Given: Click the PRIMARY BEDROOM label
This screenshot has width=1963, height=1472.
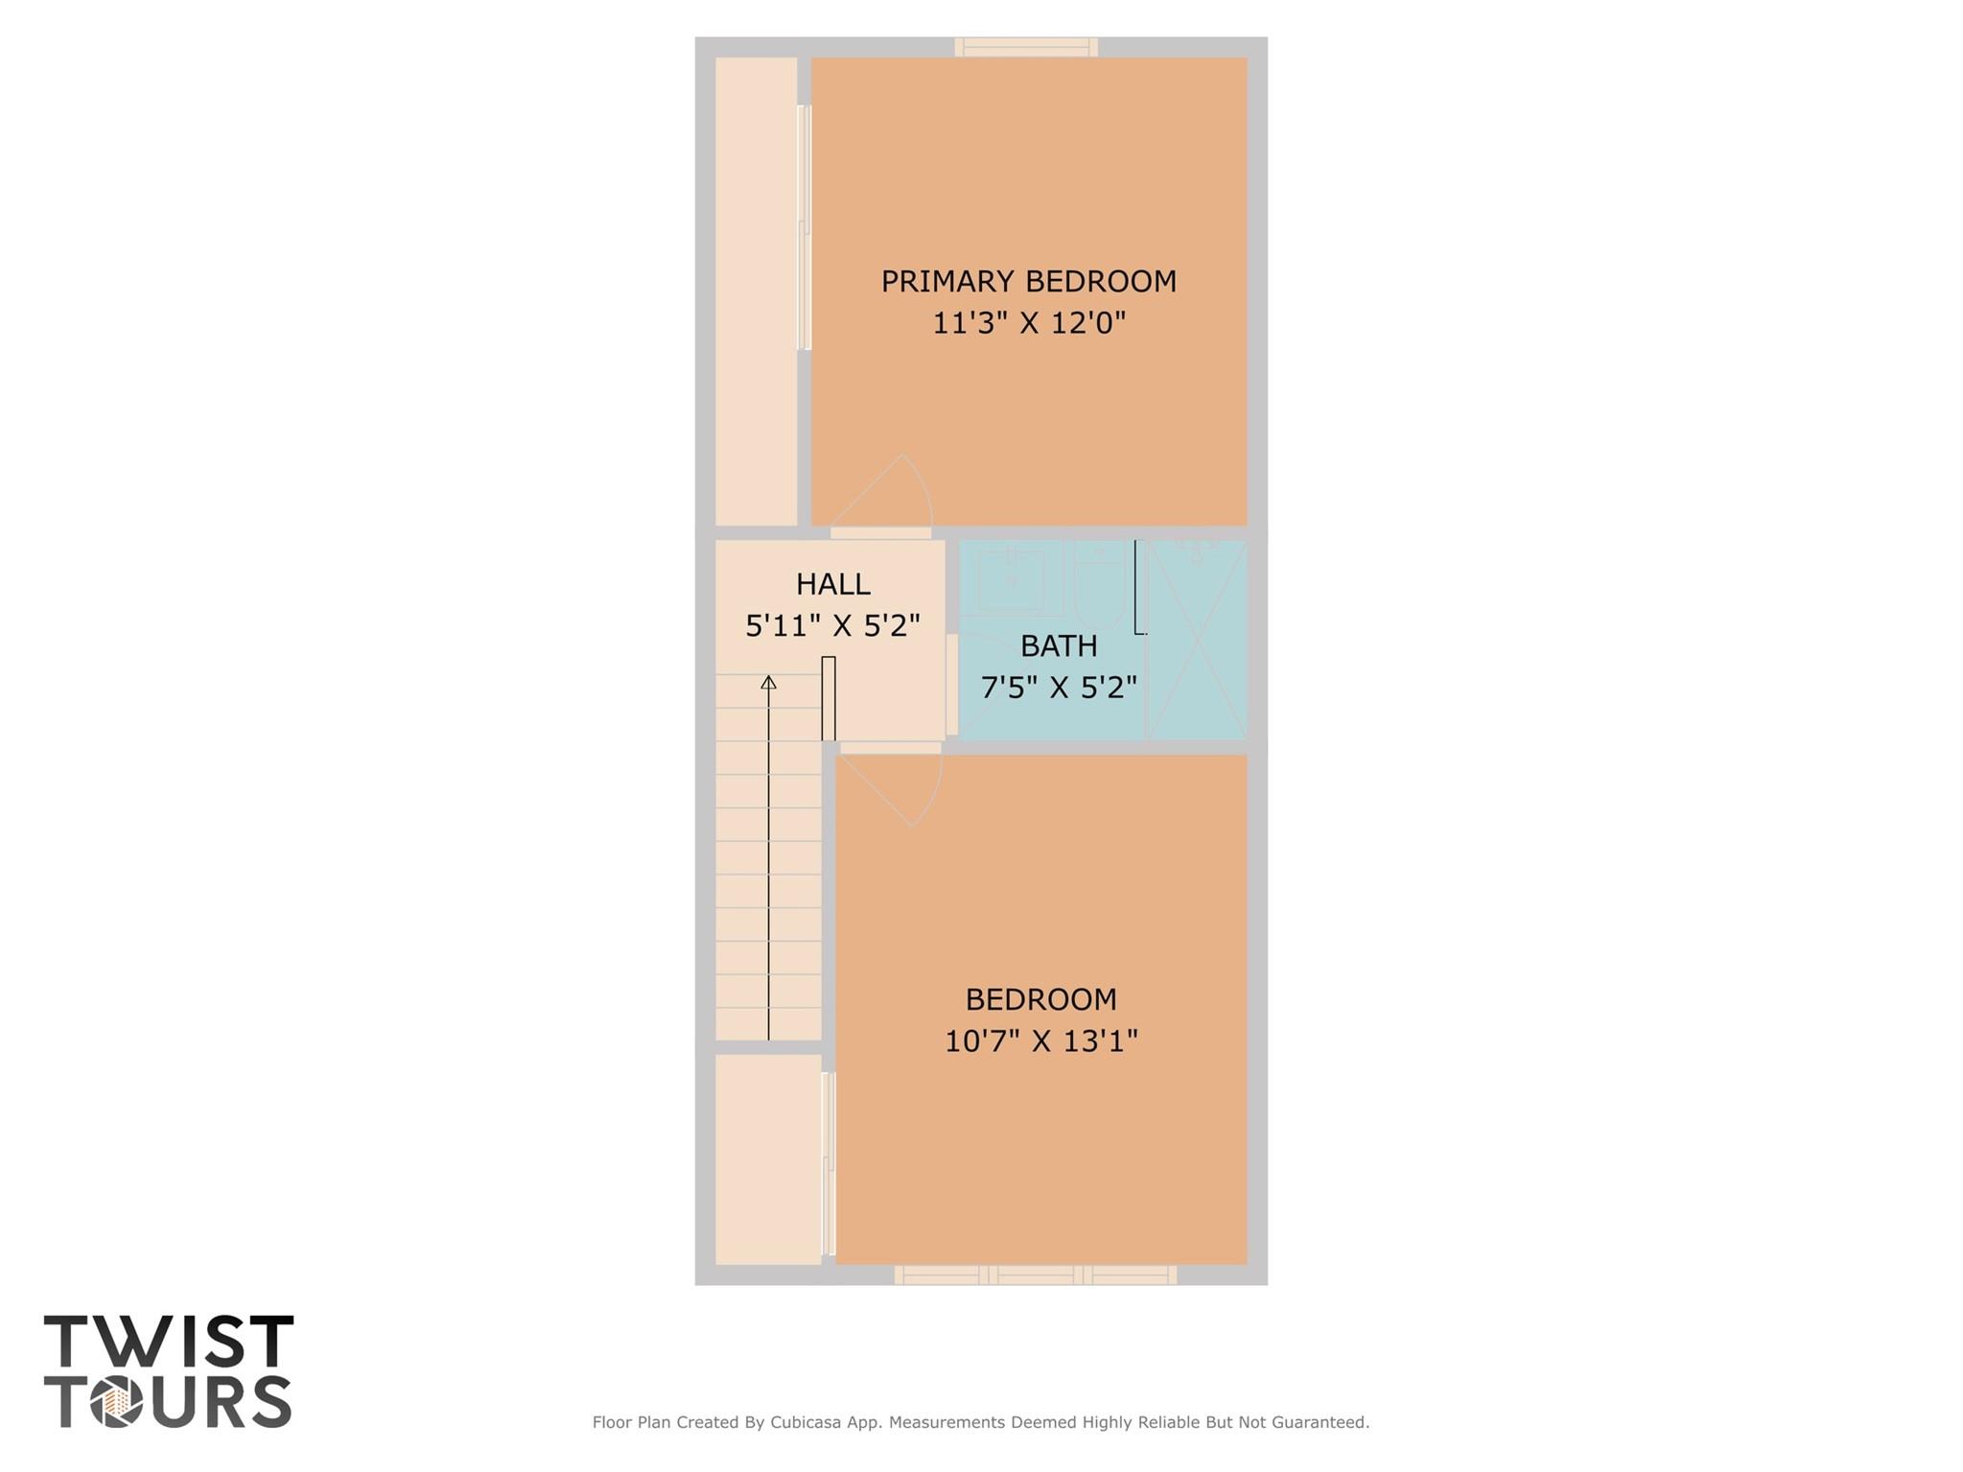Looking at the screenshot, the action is pyautogui.click(x=1028, y=281).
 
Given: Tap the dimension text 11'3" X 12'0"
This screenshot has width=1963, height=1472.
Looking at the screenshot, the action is pyautogui.click(x=1028, y=323).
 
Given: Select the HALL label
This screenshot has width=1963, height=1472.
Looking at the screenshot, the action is pyautogui.click(x=832, y=584).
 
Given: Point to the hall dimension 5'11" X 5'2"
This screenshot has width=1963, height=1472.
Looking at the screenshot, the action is pyautogui.click(x=832, y=626).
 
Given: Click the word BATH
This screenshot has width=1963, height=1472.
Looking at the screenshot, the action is pyautogui.click(x=1059, y=646).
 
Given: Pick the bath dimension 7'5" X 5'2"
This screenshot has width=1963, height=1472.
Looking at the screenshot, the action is pyautogui.click(x=1059, y=688).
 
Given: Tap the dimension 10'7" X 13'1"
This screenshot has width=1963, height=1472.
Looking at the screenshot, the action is pyautogui.click(x=1040, y=1040).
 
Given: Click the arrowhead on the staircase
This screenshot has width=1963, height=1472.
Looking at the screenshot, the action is pyautogui.click(x=768, y=682).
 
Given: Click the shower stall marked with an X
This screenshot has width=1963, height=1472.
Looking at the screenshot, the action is pyautogui.click(x=1198, y=640).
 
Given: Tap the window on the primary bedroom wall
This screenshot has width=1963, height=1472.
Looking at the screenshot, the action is pyautogui.click(x=1026, y=47).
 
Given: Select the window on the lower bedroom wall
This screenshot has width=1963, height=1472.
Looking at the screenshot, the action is pyautogui.click(x=1036, y=1275).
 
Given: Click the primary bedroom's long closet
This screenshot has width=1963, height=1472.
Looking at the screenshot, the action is pyautogui.click(x=757, y=292).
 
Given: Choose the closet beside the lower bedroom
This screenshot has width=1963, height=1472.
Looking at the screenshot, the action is pyautogui.click(x=768, y=1159).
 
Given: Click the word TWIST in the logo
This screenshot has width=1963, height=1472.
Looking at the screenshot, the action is pyautogui.click(x=169, y=1341).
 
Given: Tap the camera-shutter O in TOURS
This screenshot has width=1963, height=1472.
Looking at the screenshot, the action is pyautogui.click(x=117, y=1402).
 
